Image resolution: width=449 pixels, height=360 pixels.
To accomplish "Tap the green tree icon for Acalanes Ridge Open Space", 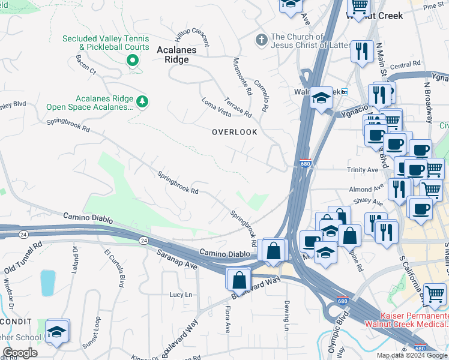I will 142,101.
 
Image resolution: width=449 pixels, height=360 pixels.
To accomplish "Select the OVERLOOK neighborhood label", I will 234,132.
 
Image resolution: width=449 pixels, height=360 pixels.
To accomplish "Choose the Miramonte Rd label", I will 242,76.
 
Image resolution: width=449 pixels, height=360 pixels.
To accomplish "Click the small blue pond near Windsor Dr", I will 47,283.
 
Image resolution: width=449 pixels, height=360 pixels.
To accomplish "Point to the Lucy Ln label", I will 181,295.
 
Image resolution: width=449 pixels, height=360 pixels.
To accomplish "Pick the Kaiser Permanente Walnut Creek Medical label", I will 414,320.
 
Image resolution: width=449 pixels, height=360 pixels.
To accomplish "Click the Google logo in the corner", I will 20,353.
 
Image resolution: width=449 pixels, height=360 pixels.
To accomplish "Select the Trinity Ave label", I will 363,170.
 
